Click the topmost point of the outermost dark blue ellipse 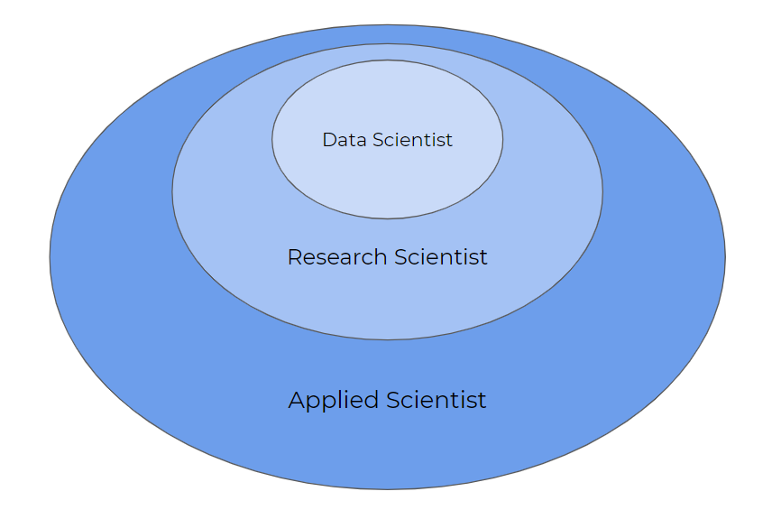(x=388, y=24)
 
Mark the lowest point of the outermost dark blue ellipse (x=388, y=489)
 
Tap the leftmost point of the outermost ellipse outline (x=50, y=256)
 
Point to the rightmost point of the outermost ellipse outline (x=725, y=256)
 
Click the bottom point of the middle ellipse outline (x=388, y=339)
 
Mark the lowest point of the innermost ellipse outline (x=388, y=218)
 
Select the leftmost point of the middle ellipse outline (x=172, y=191)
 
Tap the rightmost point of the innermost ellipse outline (x=502, y=139)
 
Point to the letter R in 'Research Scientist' (x=294, y=257)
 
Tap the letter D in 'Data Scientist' (x=329, y=140)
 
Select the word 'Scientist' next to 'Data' (x=412, y=140)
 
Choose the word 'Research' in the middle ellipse (x=337, y=257)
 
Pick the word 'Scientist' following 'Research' (x=441, y=257)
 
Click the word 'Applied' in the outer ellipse (x=334, y=401)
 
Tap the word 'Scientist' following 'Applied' (x=437, y=400)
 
